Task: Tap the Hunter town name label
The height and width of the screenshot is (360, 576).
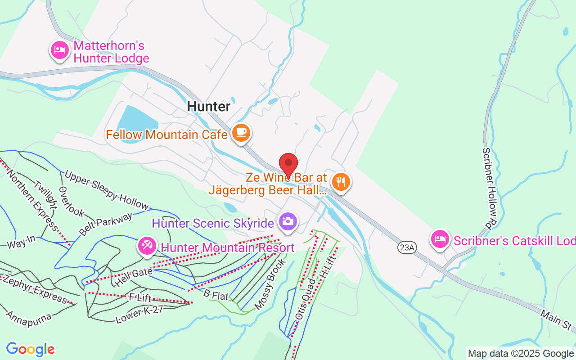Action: click(209, 106)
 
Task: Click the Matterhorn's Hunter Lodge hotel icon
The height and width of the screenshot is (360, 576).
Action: click(59, 50)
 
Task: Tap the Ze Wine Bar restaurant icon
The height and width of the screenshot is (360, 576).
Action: click(341, 182)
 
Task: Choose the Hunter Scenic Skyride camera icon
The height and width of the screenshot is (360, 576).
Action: click(288, 221)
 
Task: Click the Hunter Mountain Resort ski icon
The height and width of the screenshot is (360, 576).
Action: click(147, 246)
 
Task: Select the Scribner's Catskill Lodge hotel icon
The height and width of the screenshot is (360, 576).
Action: click(440, 238)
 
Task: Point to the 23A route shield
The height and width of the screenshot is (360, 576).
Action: click(406, 247)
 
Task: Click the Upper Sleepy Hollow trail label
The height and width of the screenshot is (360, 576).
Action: click(106, 190)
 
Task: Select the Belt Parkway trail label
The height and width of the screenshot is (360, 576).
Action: click(106, 224)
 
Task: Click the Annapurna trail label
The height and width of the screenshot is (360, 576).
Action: click(28, 314)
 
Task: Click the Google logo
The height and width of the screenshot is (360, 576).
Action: click(30, 349)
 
